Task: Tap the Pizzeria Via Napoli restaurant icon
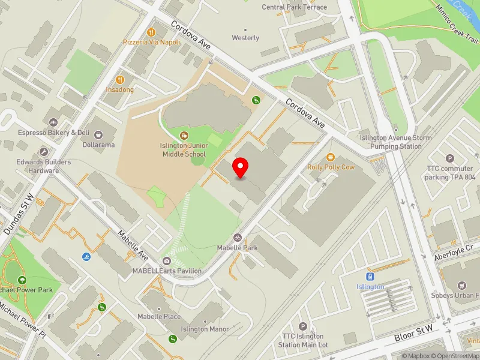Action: [152, 32]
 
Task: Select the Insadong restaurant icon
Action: [121, 79]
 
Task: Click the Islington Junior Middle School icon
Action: [184, 136]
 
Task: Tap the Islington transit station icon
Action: [370, 277]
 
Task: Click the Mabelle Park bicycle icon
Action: [238, 238]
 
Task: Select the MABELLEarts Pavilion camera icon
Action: [167, 261]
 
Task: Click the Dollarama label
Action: [100, 145]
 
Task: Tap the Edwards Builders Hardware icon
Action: [43, 152]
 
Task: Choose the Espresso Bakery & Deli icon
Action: [53, 123]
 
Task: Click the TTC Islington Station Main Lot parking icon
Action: [303, 326]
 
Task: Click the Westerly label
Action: [245, 38]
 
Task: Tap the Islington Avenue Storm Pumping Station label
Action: [395, 142]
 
